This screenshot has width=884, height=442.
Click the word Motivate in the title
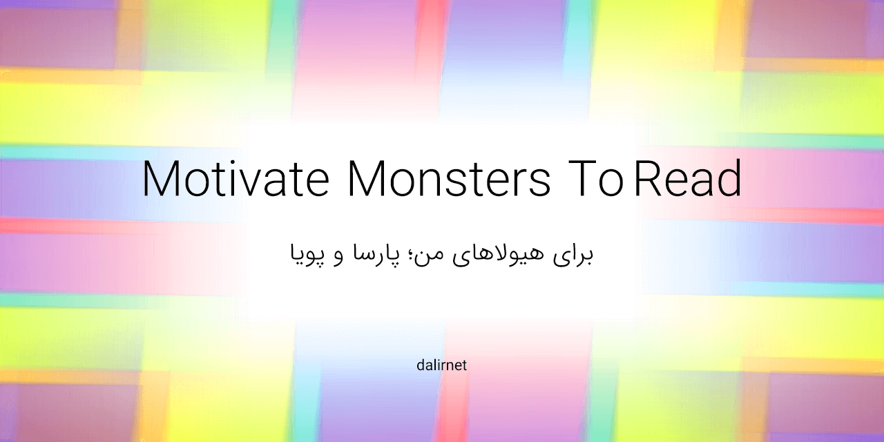(235, 179)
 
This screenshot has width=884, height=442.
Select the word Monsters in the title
(449, 179)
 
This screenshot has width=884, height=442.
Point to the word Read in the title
(688, 179)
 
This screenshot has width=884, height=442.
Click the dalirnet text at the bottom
(442, 365)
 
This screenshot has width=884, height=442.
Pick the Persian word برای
(574, 255)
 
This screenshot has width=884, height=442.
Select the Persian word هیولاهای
(501, 253)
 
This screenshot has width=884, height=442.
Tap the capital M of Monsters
(367, 179)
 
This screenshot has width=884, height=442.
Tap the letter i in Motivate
(240, 179)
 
